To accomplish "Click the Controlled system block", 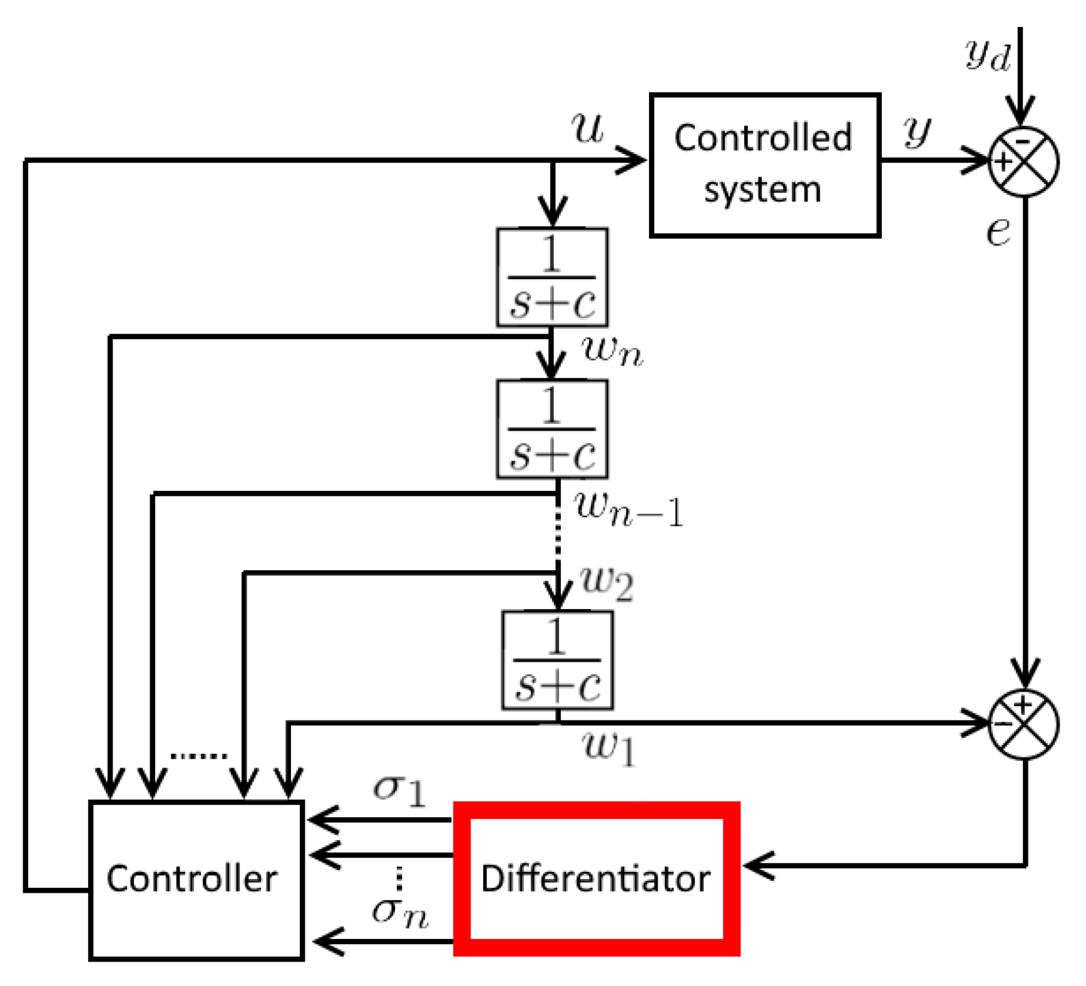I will pos(764,165).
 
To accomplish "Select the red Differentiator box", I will pos(596,878).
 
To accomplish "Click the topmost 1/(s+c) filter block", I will pos(552,277).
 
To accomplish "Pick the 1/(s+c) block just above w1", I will pos(557,660).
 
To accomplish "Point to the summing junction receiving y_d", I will pos(1023,162).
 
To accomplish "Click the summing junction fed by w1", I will pos(1023,724).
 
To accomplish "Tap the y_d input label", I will pos(987,55).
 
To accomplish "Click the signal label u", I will pos(587,128).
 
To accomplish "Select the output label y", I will pos(916,132).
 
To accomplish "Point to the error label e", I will pos(998,232).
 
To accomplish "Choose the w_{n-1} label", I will pos(628,510).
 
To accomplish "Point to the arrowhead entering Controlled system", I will pos(632,161).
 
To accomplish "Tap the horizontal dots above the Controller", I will pos(198,756).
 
